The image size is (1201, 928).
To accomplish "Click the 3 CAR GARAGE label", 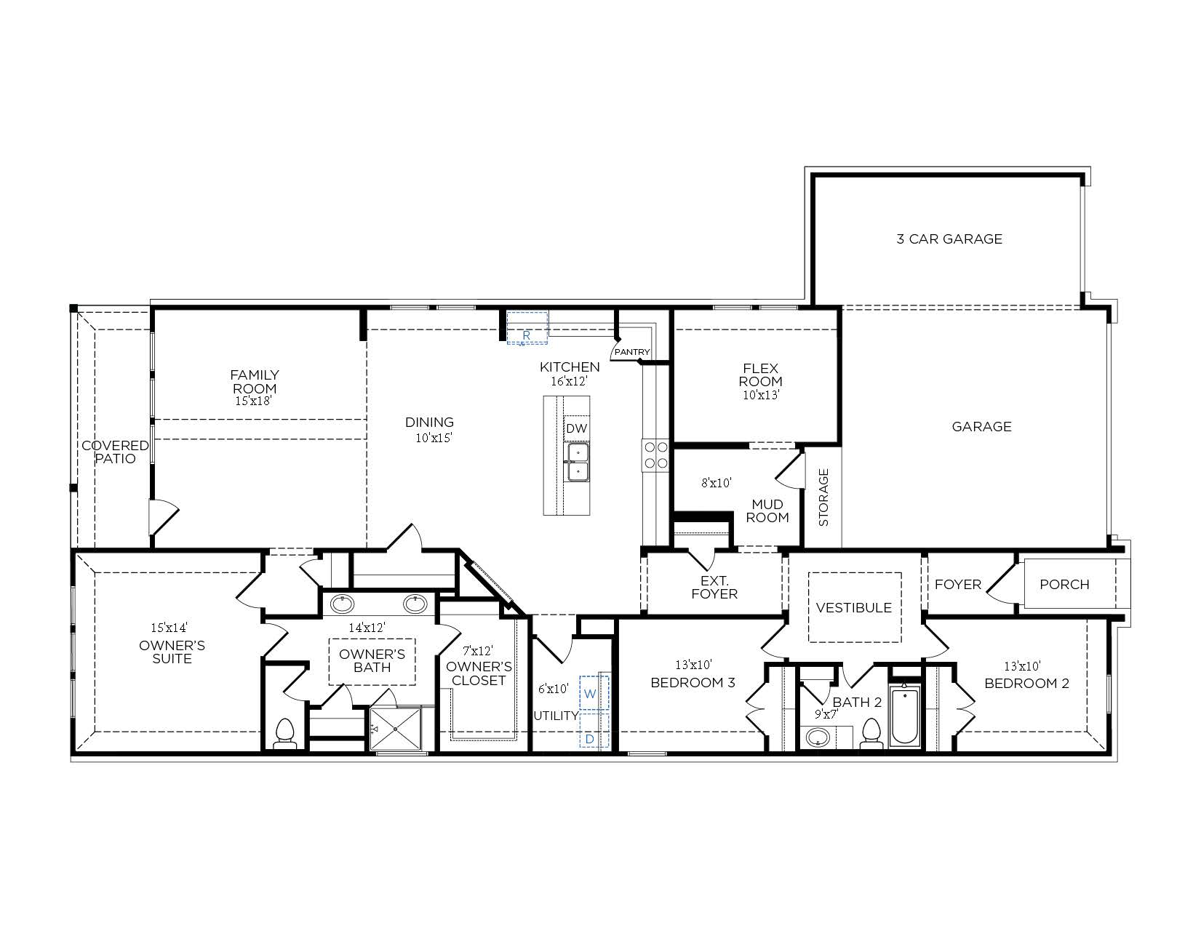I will click(949, 239).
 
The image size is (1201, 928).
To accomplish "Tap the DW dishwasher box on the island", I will click(576, 428).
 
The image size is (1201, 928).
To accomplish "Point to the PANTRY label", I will click(631, 352).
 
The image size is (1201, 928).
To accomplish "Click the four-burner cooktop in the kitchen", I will click(655, 455).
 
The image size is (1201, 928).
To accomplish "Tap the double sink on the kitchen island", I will click(578, 462).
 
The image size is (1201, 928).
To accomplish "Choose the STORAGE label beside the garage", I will click(823, 497).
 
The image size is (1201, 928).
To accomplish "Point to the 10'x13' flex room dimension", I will click(761, 395).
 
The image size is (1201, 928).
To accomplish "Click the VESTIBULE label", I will click(853, 607).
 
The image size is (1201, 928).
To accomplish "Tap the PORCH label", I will click(1064, 584).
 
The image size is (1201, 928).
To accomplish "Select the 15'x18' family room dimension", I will click(253, 400).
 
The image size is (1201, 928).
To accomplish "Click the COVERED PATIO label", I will click(115, 452).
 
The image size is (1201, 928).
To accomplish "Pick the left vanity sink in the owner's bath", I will click(343, 604).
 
